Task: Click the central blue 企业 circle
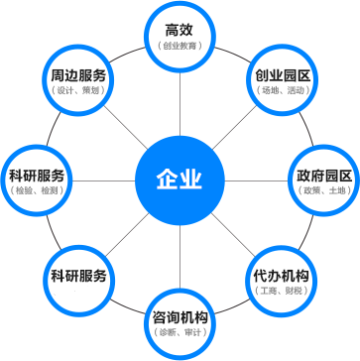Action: [180, 180]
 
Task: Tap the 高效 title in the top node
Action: [180, 30]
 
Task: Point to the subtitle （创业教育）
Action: [180, 46]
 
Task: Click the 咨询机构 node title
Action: [180, 317]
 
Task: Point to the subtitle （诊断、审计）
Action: [180, 334]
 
